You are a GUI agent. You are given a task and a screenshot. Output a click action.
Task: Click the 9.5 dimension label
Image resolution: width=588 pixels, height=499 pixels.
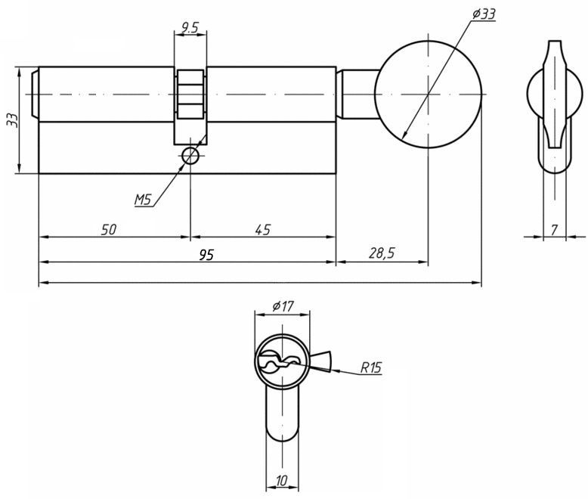(190, 28)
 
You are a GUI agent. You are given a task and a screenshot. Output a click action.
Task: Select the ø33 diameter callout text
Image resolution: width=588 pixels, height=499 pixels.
(484, 14)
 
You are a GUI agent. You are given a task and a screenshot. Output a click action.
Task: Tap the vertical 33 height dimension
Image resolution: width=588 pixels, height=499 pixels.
(14, 120)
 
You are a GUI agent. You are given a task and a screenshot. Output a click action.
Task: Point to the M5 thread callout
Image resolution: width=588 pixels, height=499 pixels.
(143, 200)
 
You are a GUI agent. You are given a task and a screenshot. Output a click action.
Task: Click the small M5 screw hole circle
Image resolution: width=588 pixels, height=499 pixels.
(190, 156)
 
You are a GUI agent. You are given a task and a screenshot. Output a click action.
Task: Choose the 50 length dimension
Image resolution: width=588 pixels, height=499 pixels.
(109, 230)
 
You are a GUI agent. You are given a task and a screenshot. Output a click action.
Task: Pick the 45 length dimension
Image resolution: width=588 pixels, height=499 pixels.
(262, 230)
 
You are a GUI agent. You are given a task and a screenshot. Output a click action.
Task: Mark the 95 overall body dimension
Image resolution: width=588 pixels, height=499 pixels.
(206, 255)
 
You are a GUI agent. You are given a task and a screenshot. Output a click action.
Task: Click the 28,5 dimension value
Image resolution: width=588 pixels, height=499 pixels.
(382, 253)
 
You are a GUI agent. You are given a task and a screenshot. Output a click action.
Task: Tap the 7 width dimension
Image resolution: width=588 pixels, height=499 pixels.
(555, 230)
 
